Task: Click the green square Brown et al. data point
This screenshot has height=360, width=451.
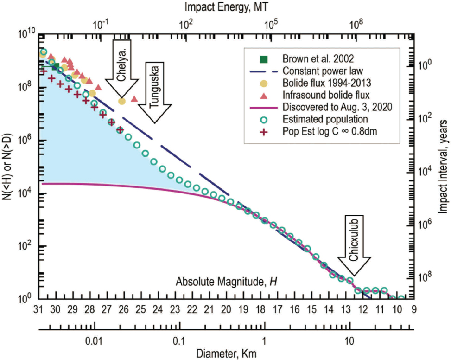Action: pos(56,67)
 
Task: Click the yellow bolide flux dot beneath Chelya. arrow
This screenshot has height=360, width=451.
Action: pos(121,101)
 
